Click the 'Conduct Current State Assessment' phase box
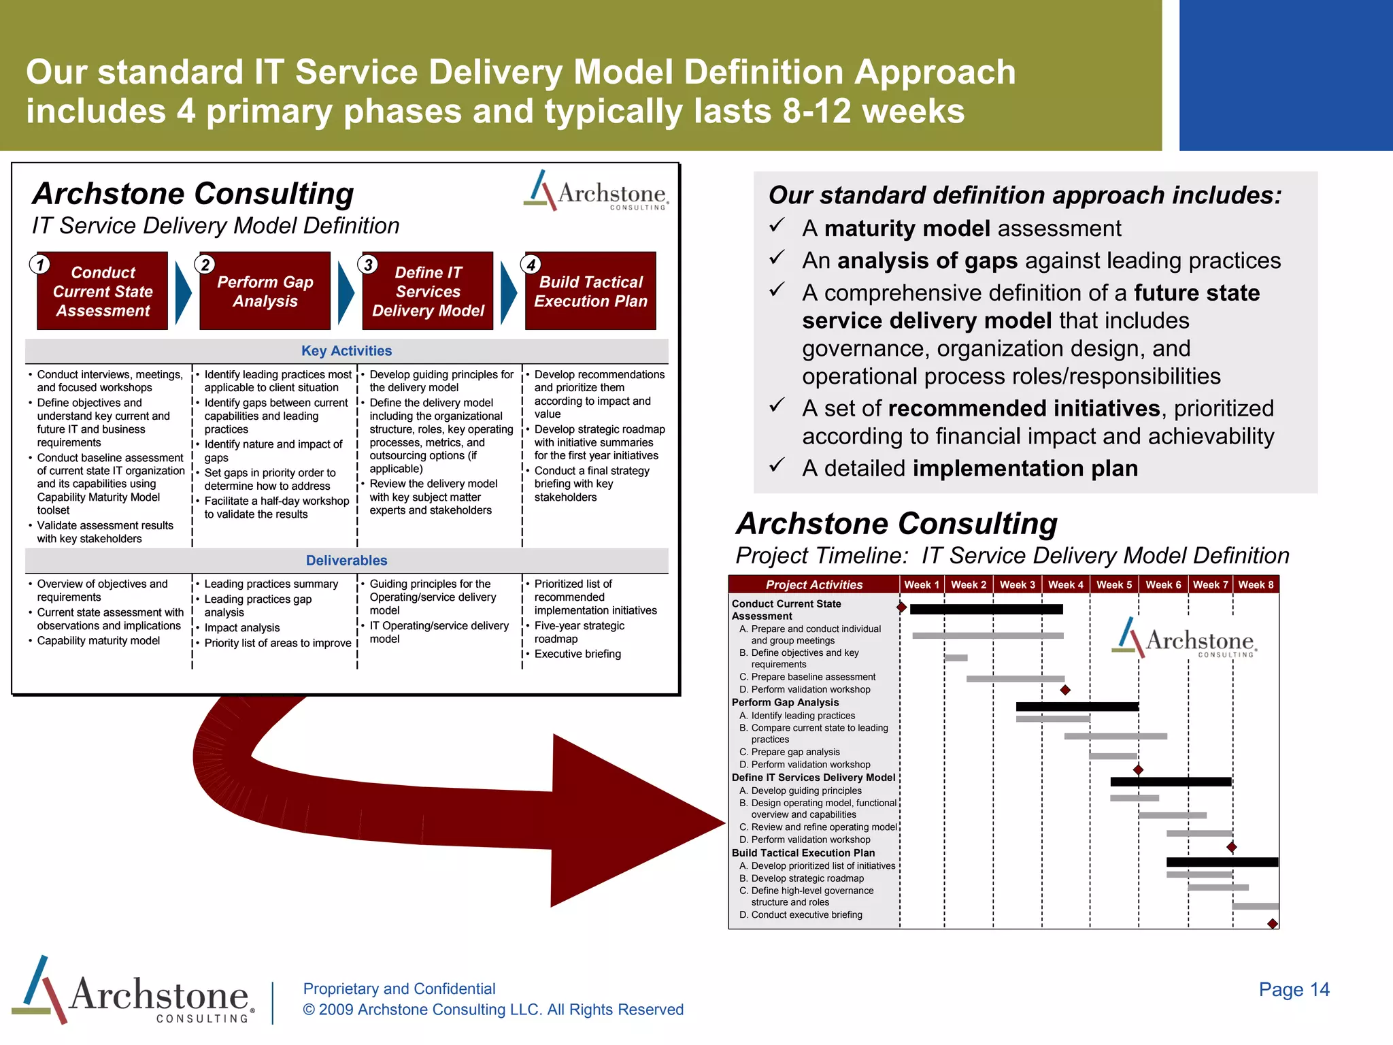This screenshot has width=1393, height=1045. pyautogui.click(x=103, y=291)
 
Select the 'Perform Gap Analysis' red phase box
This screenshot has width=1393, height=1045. pyautogui.click(x=265, y=291)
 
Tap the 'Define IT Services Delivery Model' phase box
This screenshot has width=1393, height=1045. pyautogui.click(x=428, y=291)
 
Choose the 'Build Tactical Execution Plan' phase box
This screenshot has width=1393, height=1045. pyautogui.click(x=590, y=291)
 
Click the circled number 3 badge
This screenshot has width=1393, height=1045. pyautogui.click(x=368, y=264)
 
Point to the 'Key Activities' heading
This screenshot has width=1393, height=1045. pyautogui.click(x=346, y=351)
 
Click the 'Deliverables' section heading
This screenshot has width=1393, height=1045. pyautogui.click(x=346, y=561)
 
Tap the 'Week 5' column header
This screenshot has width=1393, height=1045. pyautogui.click(x=1114, y=585)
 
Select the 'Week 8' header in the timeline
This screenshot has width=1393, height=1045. pyautogui.click(x=1256, y=585)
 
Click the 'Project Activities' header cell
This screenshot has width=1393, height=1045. pyautogui.click(x=813, y=585)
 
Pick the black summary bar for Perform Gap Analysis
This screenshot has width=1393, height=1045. pyautogui.click(x=1077, y=707)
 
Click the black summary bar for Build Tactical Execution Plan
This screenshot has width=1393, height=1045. pyautogui.click(x=1222, y=862)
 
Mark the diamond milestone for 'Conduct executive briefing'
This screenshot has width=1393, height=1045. pyautogui.click(x=1273, y=923)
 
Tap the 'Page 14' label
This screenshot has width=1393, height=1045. pyautogui.click(x=1294, y=989)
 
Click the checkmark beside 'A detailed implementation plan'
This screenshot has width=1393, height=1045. pyautogui.click(x=777, y=465)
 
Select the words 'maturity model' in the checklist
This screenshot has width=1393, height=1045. pyautogui.click(x=907, y=229)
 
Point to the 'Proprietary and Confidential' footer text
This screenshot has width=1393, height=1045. pyautogui.click(x=399, y=989)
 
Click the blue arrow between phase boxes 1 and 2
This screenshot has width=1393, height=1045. pyautogui.click(x=183, y=293)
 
